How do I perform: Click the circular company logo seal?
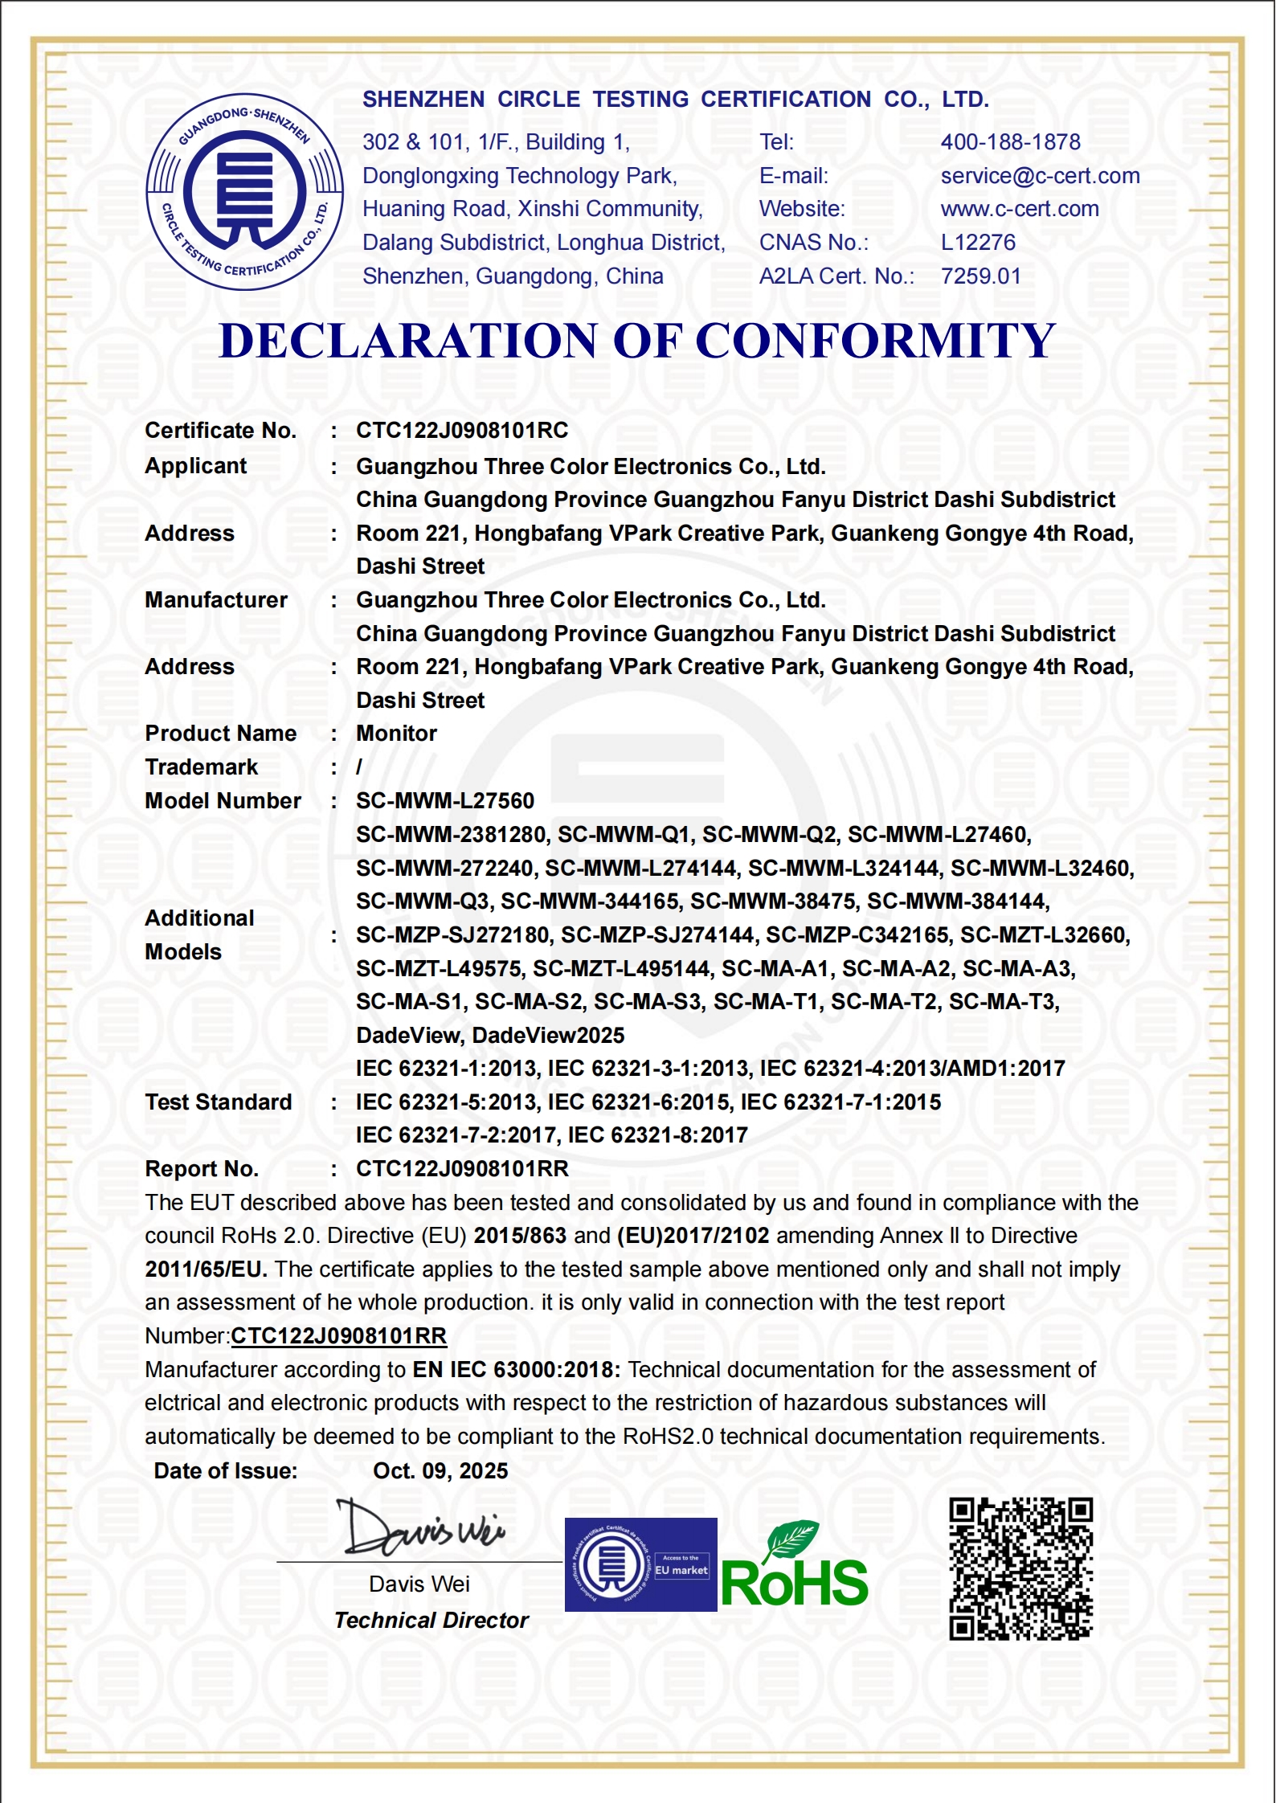point(244,193)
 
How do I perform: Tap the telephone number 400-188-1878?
point(1010,142)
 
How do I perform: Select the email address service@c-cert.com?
point(1040,176)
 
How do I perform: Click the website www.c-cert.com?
point(1019,209)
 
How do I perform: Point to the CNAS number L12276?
point(978,243)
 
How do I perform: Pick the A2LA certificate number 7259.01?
point(980,276)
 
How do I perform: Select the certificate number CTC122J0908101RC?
point(462,431)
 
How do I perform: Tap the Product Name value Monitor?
point(396,734)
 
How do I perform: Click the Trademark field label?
point(201,767)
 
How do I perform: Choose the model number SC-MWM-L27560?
point(445,801)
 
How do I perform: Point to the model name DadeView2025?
point(548,1035)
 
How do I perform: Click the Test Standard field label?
point(218,1102)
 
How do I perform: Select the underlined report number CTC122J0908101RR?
point(338,1336)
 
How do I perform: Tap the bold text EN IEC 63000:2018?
point(516,1370)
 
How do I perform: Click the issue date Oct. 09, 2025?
point(440,1471)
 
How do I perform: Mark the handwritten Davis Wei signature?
point(422,1527)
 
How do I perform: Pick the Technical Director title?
point(431,1621)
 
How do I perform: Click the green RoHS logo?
point(794,1568)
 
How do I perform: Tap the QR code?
point(1020,1568)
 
